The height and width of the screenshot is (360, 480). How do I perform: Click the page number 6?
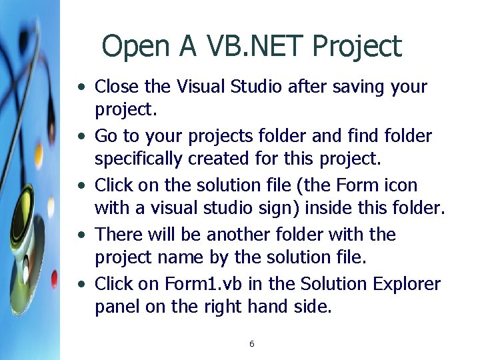click(251, 344)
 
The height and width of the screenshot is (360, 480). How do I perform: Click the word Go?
click(106, 136)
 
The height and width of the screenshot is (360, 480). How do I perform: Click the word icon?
click(403, 185)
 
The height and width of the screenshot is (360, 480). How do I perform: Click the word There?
click(116, 235)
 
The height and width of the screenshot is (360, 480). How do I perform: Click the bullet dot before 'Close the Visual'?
click(81, 87)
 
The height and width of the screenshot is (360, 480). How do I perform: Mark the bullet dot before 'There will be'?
click(81, 235)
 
